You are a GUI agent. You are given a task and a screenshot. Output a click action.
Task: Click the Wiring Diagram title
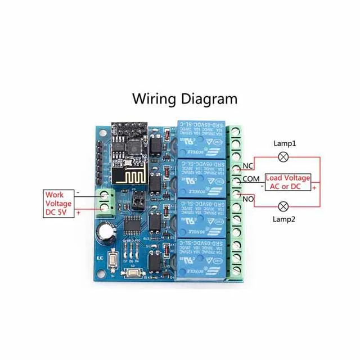tap(184, 99)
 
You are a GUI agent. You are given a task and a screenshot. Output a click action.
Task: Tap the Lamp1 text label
tap(285, 144)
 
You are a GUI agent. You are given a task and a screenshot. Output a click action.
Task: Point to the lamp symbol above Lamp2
tap(285, 205)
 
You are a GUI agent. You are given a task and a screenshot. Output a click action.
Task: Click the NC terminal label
tap(248, 166)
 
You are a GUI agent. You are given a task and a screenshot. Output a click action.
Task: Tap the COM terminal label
tap(251, 179)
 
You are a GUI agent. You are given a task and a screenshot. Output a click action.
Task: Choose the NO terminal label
tap(248, 199)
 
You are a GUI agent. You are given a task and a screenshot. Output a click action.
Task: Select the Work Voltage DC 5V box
tap(58, 204)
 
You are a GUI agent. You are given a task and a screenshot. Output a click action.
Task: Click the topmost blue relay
tap(200, 138)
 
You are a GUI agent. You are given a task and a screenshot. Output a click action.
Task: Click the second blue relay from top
tap(200, 177)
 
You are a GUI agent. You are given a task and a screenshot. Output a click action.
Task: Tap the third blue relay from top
tap(200, 217)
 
